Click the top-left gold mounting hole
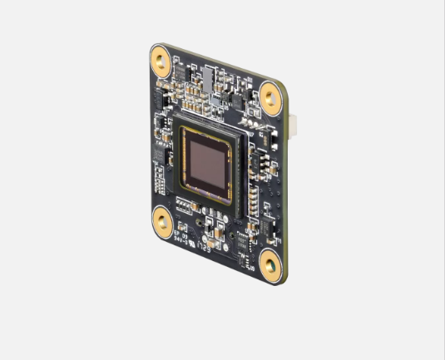click(161, 59)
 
